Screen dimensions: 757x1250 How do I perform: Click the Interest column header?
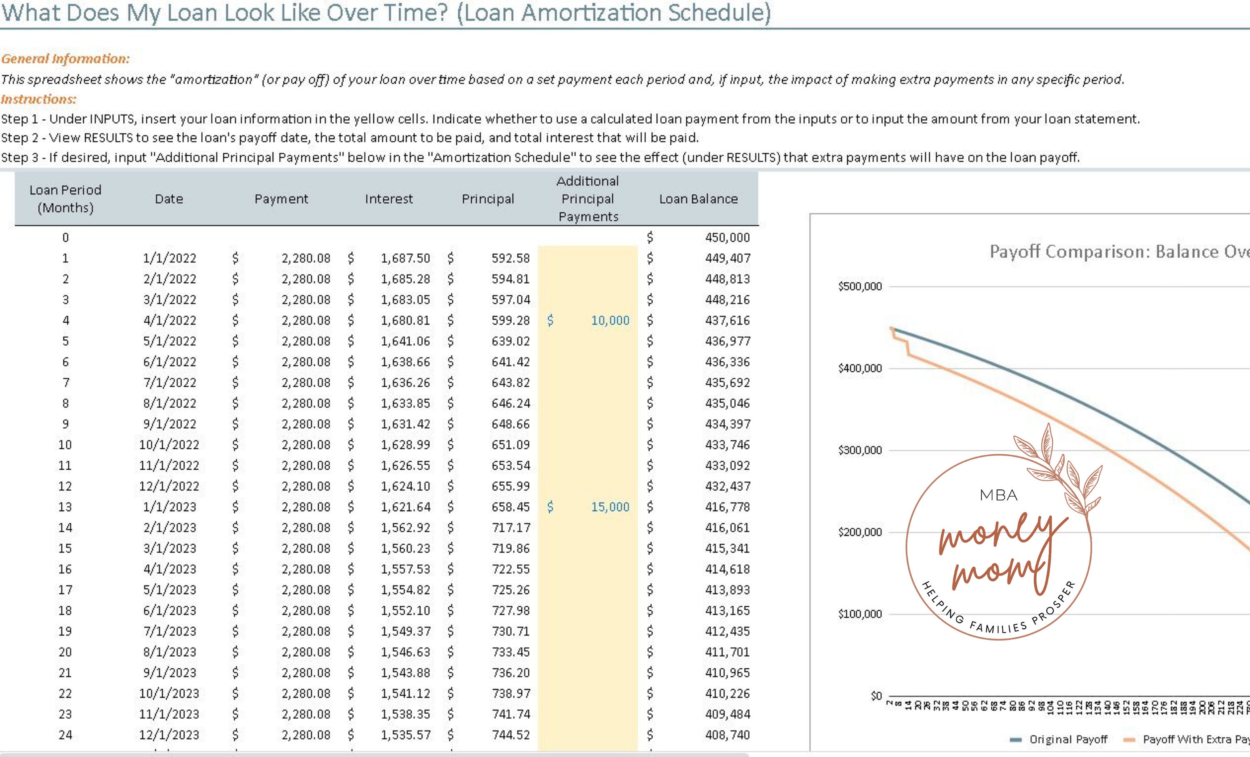[389, 199]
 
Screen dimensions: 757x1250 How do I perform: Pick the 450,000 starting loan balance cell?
[727, 237]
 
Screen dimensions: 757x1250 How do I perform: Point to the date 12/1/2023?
[169, 735]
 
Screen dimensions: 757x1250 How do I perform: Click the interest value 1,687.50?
[405, 258]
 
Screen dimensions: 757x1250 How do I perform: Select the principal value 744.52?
[510, 735]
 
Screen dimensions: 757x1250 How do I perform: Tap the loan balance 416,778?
[727, 507]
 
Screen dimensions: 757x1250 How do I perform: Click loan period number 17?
[65, 590]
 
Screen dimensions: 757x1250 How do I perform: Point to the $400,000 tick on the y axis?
[860, 368]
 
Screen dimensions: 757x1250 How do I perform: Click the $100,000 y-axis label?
[860, 614]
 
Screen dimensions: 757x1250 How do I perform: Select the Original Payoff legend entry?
[1067, 739]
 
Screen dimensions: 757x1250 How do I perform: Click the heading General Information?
[65, 59]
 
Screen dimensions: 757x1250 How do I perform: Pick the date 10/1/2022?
[169, 445]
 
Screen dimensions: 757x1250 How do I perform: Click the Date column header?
[169, 199]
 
